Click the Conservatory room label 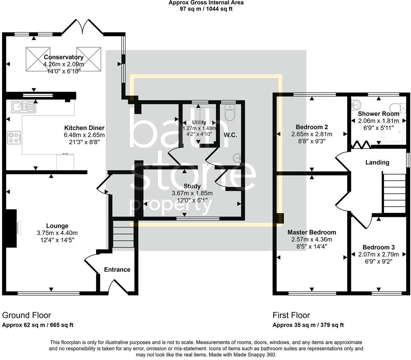tap(64, 57)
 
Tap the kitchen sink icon tap(24, 107)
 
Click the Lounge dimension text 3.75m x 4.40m tap(57, 233)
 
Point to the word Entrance tap(117, 270)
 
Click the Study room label tap(192, 186)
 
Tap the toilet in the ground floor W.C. tap(230, 113)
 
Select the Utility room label tap(199, 122)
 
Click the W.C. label tap(230, 135)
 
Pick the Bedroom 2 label tap(312, 127)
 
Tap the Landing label tap(377, 162)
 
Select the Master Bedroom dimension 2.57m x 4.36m tap(312, 240)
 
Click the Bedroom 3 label tap(378, 247)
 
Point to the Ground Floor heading tap(27, 315)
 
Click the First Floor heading tap(291, 315)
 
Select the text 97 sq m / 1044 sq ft tap(206, 9)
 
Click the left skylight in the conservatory tap(38, 59)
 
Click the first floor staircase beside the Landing tap(394, 193)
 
